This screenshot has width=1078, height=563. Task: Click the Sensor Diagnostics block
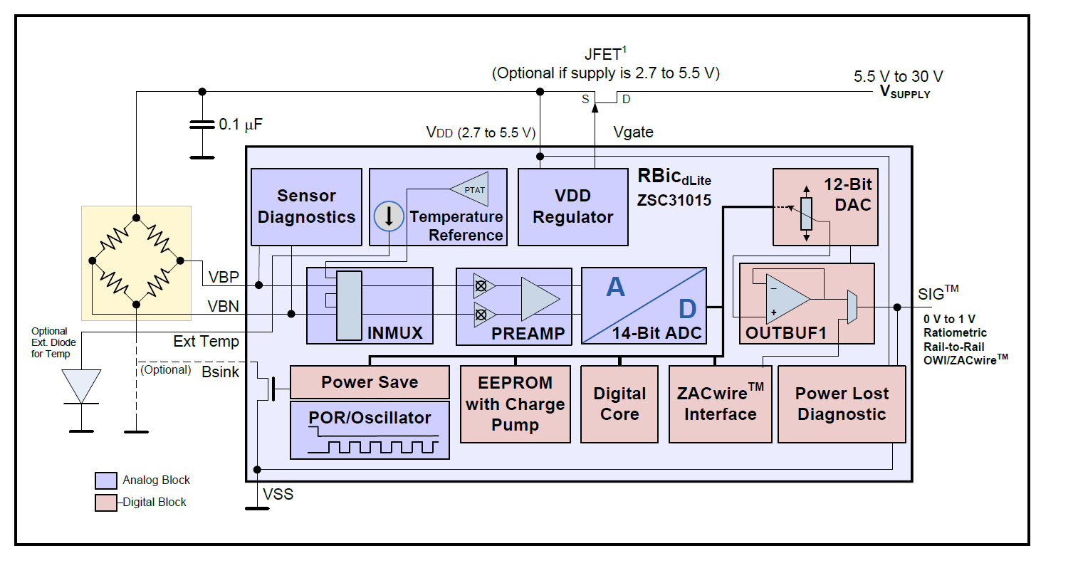(x=306, y=206)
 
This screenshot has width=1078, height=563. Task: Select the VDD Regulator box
(x=572, y=206)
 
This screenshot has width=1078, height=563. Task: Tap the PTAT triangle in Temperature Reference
(x=472, y=189)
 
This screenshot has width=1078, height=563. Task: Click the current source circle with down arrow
(x=389, y=216)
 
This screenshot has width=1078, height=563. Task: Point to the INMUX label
(x=394, y=333)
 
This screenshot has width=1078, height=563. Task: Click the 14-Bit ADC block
(x=644, y=305)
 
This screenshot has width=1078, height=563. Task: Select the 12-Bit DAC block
(x=825, y=206)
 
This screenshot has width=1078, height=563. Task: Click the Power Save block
(x=370, y=382)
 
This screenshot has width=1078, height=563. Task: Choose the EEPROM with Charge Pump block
(x=515, y=404)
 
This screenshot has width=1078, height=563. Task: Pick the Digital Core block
(x=619, y=404)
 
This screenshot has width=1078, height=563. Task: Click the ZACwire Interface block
(x=720, y=404)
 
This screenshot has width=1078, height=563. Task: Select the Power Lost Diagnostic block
(x=841, y=404)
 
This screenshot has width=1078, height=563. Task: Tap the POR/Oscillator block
(x=370, y=430)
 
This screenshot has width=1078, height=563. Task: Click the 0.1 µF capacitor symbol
(x=202, y=125)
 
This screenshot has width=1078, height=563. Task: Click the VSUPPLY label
(x=905, y=92)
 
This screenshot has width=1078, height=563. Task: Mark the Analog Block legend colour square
(x=105, y=480)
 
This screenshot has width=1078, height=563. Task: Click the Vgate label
(x=633, y=132)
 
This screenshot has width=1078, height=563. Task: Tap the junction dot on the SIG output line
(x=897, y=307)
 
